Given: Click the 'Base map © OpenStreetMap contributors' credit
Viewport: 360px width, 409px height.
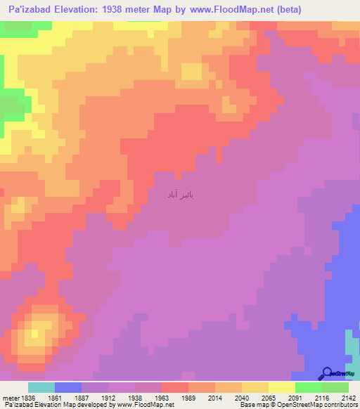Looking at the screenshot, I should [309, 405].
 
